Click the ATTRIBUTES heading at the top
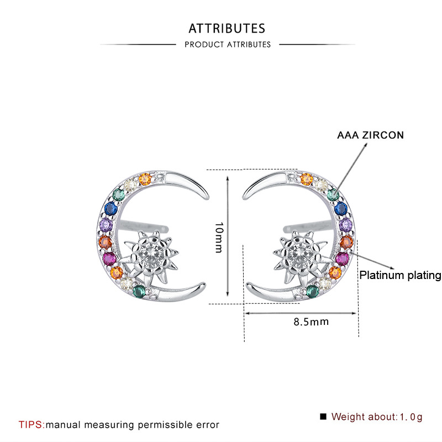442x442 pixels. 227,28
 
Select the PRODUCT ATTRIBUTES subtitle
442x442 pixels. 228,44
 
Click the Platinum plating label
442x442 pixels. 400,275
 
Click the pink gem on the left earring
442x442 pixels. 107,259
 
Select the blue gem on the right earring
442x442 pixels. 341,209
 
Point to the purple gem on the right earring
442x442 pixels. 346,225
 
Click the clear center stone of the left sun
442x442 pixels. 150,254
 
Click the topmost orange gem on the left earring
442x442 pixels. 145,179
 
